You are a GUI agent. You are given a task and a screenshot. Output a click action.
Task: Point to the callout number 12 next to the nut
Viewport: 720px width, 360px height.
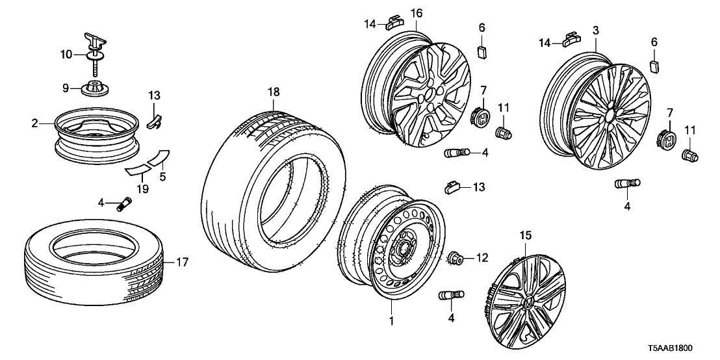[x=482, y=258]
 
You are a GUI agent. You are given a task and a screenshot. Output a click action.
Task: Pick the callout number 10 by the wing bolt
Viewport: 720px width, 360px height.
[x=66, y=55]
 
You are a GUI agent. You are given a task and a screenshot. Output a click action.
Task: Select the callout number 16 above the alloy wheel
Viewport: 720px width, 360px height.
[x=417, y=12]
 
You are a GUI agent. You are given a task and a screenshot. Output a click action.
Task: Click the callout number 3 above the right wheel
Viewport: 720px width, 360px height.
[x=595, y=30]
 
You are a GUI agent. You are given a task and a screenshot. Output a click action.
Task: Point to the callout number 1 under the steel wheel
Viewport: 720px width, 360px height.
[x=391, y=320]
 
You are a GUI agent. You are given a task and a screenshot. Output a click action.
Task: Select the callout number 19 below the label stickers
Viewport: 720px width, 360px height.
[x=142, y=189]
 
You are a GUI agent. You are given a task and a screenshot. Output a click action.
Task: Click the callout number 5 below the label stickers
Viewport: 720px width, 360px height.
[x=162, y=175]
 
